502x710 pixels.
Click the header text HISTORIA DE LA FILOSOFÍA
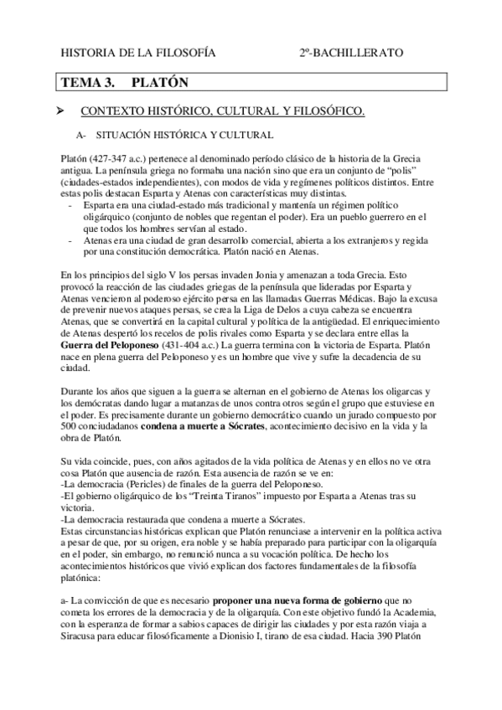138,53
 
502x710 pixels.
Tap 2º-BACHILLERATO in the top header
351,53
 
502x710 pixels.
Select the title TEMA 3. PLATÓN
122,82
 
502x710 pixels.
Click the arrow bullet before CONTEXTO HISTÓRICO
60,111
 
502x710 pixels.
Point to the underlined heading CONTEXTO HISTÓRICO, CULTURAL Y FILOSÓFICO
223,111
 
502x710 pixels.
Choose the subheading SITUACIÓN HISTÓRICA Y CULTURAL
184,135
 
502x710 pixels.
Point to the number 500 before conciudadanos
70,427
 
